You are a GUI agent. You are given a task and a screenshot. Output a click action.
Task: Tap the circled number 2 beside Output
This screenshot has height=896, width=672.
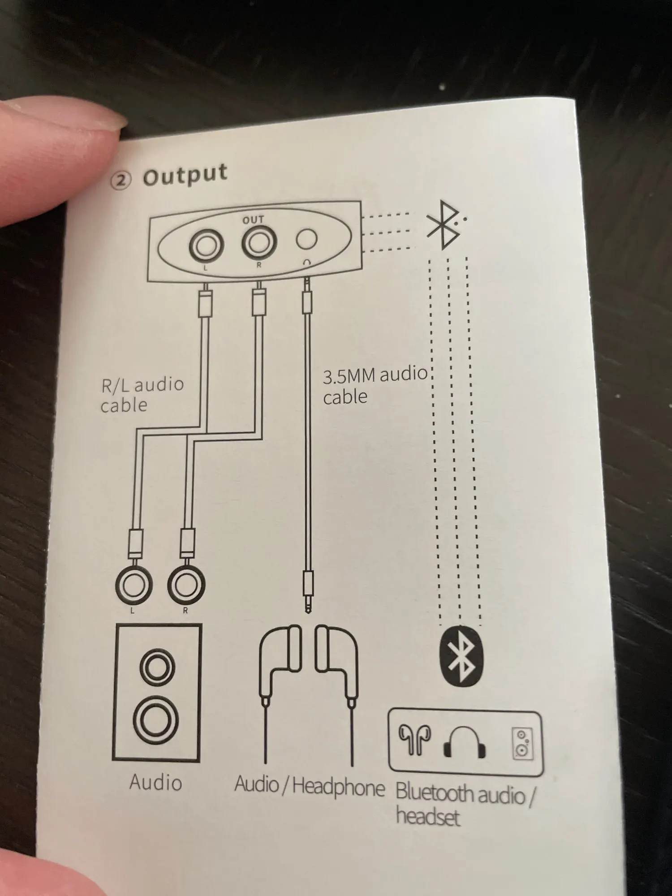pyautogui.click(x=121, y=181)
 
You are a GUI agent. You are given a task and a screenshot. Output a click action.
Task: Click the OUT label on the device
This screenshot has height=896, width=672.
pyautogui.click(x=253, y=220)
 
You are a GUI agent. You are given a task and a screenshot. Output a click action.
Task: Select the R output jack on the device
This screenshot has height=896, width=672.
pyautogui.click(x=258, y=242)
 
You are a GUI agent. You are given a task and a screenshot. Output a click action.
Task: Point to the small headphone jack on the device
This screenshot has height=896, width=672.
pyautogui.click(x=306, y=239)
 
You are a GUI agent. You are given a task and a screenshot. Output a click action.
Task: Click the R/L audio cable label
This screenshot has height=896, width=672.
pyautogui.click(x=142, y=395)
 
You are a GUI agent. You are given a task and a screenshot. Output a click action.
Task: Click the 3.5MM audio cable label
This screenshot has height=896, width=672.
pyautogui.click(x=374, y=385)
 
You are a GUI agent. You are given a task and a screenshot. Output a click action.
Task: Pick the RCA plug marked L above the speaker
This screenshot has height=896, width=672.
pyautogui.click(x=134, y=585)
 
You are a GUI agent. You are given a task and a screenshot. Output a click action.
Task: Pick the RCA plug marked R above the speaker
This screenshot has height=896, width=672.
pyautogui.click(x=186, y=585)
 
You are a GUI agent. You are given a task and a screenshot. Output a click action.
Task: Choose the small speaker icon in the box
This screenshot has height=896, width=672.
pyautogui.click(x=522, y=744)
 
